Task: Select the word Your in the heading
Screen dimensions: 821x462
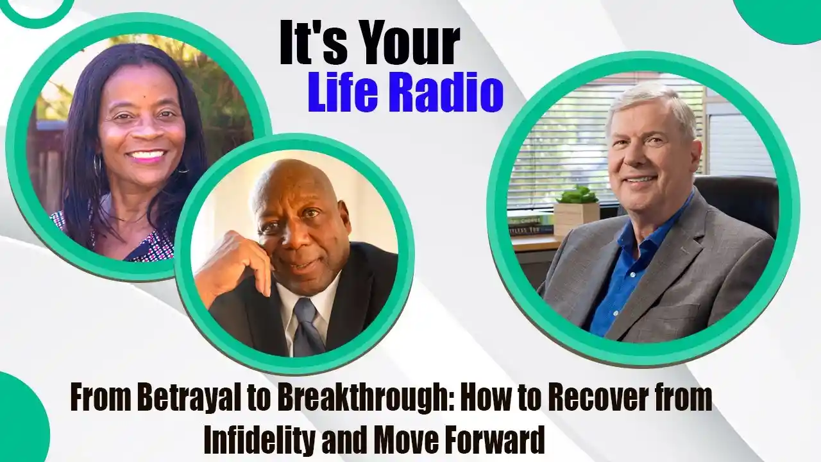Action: [405, 45]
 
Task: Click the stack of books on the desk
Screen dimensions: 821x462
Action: [528, 225]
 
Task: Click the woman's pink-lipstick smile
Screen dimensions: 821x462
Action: [145, 155]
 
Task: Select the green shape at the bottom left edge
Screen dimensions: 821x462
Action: [22, 418]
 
